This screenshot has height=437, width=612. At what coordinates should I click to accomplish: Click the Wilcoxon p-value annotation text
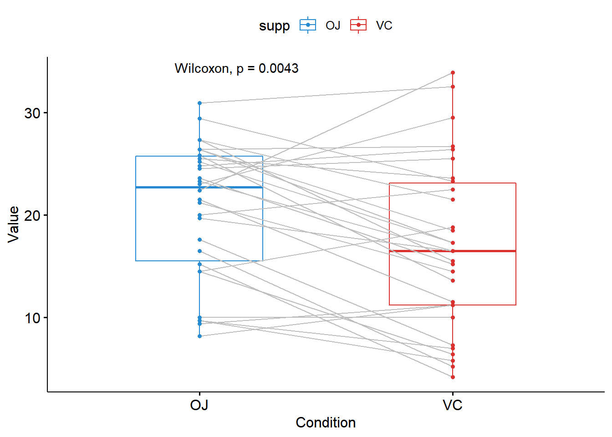click(236, 68)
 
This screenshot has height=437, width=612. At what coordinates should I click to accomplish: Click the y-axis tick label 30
click(33, 113)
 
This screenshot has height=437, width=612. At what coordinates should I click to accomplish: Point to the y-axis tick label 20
click(33, 215)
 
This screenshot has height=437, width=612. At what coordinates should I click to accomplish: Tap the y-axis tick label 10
click(33, 318)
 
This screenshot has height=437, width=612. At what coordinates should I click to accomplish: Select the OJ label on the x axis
click(199, 405)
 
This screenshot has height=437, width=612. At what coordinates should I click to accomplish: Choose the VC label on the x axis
click(452, 405)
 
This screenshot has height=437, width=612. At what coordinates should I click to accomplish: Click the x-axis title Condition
click(326, 422)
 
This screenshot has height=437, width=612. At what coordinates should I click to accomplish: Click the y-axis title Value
click(14, 224)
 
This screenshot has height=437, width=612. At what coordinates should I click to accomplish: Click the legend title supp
click(274, 25)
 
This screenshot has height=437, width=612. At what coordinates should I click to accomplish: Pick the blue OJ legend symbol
click(308, 25)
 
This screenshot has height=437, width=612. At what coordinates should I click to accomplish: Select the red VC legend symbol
click(358, 25)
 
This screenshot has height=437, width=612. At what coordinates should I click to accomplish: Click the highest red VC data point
click(453, 72)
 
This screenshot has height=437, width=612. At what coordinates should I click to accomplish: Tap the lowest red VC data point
click(453, 377)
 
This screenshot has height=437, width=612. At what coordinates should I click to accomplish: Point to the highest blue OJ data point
click(199, 103)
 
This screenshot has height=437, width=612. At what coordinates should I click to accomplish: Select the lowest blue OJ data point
click(199, 336)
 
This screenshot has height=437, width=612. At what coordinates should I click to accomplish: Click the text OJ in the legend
click(333, 25)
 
